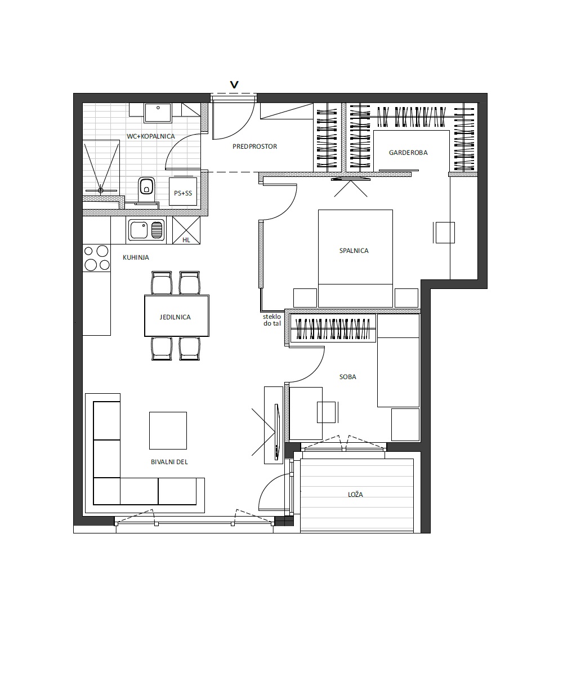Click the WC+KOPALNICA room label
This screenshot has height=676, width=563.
point(151,136)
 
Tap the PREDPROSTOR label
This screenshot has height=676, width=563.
point(254,146)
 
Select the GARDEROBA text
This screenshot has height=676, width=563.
point(408,153)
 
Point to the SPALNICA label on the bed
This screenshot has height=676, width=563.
point(354,251)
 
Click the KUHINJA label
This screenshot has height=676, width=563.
point(136,257)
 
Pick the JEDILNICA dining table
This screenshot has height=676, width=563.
point(177,315)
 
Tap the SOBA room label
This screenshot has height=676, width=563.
point(347,377)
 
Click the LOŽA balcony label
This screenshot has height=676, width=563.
point(355,495)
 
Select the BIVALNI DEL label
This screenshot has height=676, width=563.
point(169,462)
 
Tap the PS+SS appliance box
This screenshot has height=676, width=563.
point(183,192)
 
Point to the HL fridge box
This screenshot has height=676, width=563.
point(186,230)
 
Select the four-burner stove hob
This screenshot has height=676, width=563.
point(96,257)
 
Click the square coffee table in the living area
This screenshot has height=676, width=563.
point(168,430)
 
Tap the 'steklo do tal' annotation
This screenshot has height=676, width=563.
point(272,320)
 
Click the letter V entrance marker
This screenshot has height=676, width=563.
point(234,85)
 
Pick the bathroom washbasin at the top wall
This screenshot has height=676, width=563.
point(158,113)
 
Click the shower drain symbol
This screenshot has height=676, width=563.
point(101,191)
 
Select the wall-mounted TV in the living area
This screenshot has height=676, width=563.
point(276,432)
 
